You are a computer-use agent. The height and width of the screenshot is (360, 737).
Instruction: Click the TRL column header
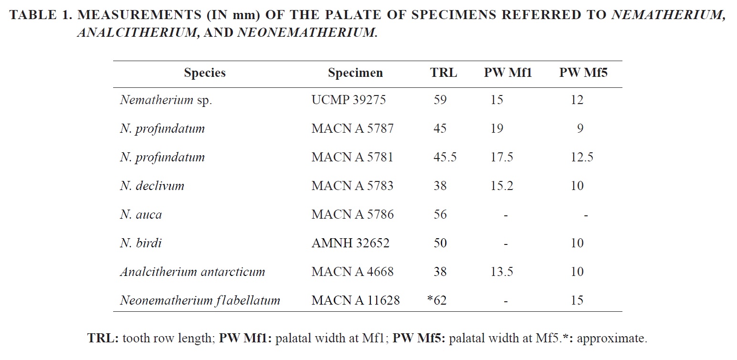[x=443, y=73]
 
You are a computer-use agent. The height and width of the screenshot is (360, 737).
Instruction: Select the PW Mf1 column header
[x=508, y=73]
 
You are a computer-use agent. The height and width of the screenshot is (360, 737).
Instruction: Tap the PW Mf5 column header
[x=583, y=73]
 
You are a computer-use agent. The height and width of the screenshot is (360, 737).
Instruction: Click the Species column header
[x=205, y=73]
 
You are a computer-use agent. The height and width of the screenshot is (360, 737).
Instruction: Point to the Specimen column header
[x=355, y=73]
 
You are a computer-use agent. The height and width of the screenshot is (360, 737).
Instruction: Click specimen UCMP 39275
[x=348, y=100]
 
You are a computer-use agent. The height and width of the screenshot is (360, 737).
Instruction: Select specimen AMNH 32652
[x=350, y=243]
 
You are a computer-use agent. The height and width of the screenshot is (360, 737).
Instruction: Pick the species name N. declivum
[x=152, y=186]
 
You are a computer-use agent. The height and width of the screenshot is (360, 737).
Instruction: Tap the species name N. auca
[x=141, y=214]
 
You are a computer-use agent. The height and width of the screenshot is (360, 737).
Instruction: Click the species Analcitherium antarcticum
[x=192, y=272]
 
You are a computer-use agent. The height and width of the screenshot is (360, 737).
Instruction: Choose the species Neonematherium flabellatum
[x=200, y=300]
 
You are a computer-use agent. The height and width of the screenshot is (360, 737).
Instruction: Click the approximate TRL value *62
[x=437, y=300]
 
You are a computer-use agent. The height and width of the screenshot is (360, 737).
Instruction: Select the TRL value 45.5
[x=444, y=157]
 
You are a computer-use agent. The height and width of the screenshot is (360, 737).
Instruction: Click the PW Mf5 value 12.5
[x=581, y=157]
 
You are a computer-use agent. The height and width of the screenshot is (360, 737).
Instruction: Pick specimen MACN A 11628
[x=356, y=300]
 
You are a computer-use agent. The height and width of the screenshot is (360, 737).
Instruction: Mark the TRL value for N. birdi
[x=440, y=243]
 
